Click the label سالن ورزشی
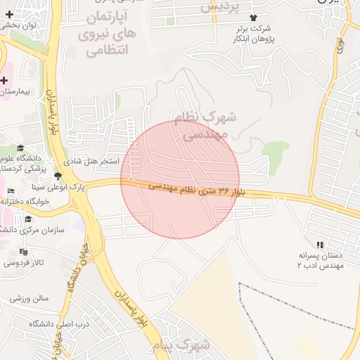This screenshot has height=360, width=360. (x=29, y=298)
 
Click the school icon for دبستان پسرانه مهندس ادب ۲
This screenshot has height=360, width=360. (x=320, y=245)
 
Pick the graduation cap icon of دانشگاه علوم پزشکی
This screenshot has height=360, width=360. (x=20, y=148)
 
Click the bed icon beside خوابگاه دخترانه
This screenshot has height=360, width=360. (x=9, y=191)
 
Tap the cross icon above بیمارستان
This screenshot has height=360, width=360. (x=5, y=80)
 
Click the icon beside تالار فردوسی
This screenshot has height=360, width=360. (x=24, y=251)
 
